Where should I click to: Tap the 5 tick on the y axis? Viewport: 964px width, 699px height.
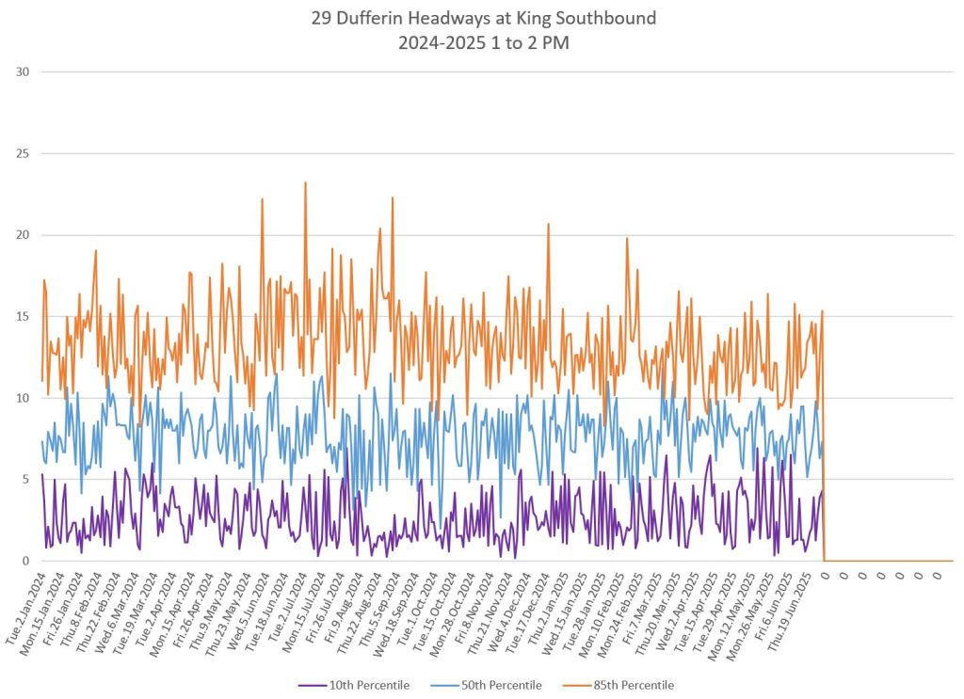coord(25,479)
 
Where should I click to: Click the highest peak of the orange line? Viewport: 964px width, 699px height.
coord(305,183)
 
